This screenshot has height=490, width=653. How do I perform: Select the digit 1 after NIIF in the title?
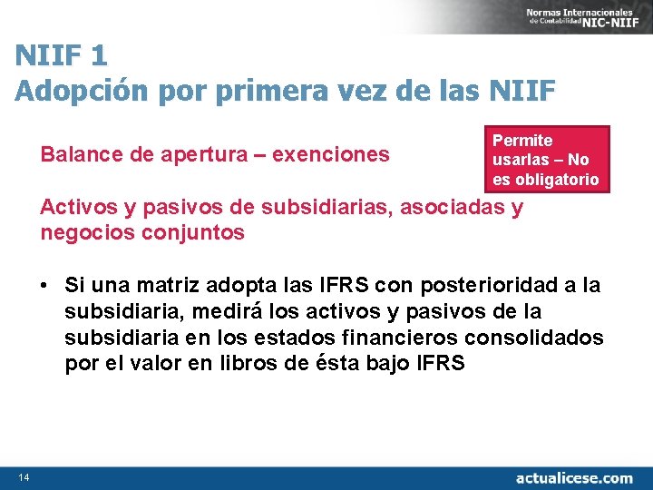click(98, 56)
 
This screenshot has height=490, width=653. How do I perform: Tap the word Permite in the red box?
click(521, 141)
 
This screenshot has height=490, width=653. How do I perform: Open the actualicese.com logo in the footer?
click(573, 477)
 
